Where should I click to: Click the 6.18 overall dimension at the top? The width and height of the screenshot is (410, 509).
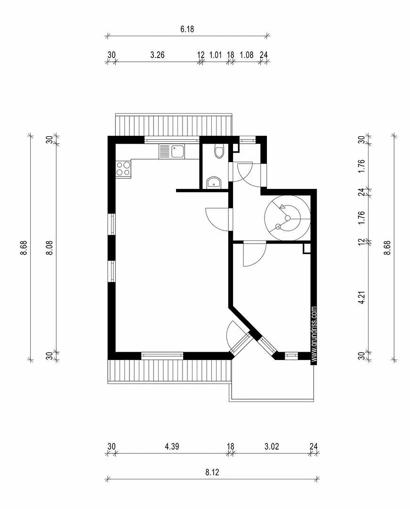coord(187,29)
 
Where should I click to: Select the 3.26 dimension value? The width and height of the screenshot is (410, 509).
coord(157,55)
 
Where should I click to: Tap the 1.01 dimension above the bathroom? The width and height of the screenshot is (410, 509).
coord(215,55)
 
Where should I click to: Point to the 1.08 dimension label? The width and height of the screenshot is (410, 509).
coord(246,55)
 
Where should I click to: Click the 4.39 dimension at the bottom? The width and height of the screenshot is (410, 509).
coord(172,446)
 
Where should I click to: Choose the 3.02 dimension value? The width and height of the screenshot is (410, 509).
coord(272,446)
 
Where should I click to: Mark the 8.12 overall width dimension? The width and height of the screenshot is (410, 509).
coord(212,472)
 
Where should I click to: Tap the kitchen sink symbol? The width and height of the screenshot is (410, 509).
coord(177,151)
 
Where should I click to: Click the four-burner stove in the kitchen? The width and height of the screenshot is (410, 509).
coord(123,169)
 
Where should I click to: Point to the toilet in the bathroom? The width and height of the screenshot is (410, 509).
coord(218,152)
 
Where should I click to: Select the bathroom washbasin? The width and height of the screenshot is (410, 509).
coord(214,182)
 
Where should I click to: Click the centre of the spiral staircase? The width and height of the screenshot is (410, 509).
coord(287,218)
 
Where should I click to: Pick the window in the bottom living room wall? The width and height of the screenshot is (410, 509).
coord(162,355)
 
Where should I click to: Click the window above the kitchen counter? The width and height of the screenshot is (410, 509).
coord(171,139)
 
